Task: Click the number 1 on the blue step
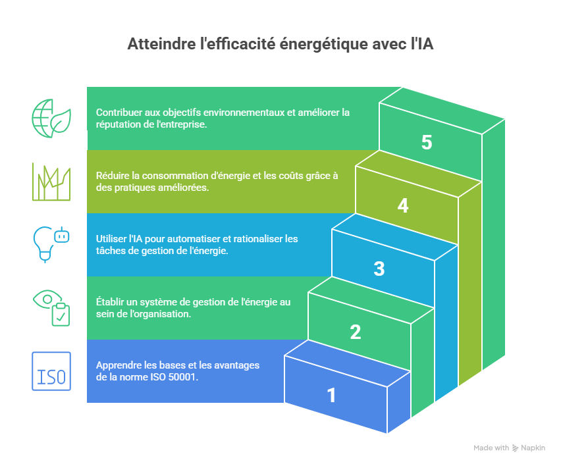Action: click(x=331, y=396)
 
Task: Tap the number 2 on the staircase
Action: click(x=356, y=332)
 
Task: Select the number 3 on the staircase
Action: click(x=379, y=269)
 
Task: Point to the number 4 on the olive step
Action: click(x=403, y=206)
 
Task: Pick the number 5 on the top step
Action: click(x=427, y=143)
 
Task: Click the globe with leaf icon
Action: click(x=51, y=118)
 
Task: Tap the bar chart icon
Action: click(x=51, y=182)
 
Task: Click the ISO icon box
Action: click(x=51, y=371)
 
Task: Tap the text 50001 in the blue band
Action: click(x=186, y=377)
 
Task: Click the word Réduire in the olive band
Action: click(x=113, y=176)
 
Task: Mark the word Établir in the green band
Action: click(x=111, y=302)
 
